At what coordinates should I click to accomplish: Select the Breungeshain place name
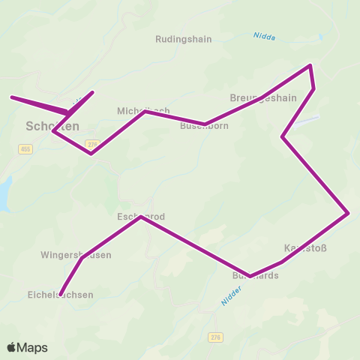coord(263,98)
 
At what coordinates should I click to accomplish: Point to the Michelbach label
coord(143,110)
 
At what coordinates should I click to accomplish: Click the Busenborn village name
coord(204,126)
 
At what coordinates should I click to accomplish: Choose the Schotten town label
coord(52,126)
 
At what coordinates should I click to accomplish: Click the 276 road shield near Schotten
coord(91,144)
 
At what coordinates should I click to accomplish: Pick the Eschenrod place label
coord(140,217)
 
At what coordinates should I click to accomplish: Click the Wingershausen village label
coord(76,255)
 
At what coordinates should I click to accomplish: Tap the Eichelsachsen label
coord(60,295)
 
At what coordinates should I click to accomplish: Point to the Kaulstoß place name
coord(305,247)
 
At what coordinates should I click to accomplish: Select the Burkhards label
coord(255,275)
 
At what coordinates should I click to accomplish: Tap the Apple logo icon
coord(13,347)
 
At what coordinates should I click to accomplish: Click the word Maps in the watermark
coord(34,347)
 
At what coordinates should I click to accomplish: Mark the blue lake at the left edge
coord(4,193)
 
